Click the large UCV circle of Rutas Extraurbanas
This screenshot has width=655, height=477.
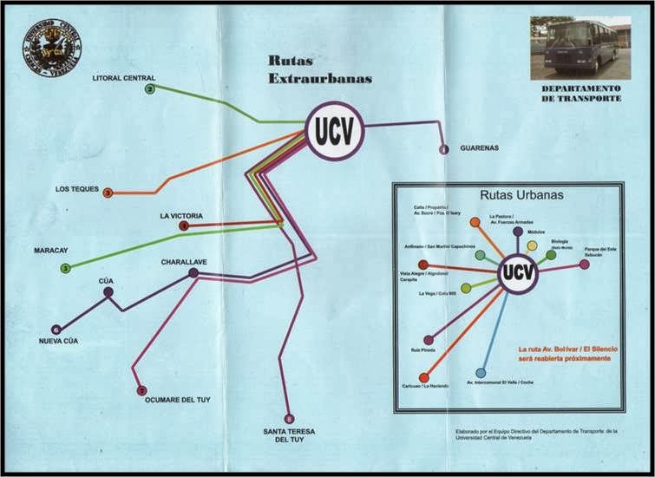334,132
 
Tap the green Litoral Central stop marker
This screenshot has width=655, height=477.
150,89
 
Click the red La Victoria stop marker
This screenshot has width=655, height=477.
183,225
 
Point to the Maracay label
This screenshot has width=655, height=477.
51,250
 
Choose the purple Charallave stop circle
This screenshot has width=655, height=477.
193,273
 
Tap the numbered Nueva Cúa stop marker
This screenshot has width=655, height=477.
56,330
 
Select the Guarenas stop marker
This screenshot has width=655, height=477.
444,149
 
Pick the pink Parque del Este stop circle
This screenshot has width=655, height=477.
584,265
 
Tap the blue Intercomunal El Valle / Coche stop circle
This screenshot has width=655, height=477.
481,373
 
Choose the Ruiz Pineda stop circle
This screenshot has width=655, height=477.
428,340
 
